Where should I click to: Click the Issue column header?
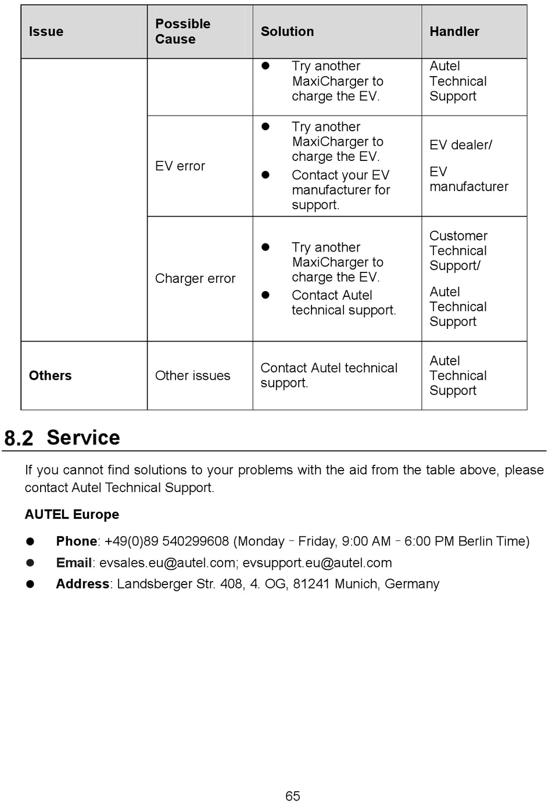[46, 31]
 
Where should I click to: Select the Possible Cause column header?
[182, 31]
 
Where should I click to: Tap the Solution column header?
[287, 31]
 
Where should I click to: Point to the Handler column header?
[454, 31]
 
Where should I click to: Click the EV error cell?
[180, 166]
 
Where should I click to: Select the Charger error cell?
[195, 279]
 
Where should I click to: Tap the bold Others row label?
[50, 376]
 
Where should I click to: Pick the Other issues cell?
[192, 376]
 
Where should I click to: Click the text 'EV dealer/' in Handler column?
[460, 145]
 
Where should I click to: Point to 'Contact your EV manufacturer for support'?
[340, 190]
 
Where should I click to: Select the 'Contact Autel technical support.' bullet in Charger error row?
[343, 303]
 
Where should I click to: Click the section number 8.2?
[19, 438]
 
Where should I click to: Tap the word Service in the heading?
[83, 437]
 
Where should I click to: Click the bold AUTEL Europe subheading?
[71, 515]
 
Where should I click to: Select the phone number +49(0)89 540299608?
[167, 541]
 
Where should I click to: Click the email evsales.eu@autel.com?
[167, 563]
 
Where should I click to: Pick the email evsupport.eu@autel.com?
[317, 563]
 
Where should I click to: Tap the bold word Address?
[83, 584]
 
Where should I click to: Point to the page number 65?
[293, 796]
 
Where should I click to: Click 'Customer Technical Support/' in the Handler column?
[458, 251]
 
